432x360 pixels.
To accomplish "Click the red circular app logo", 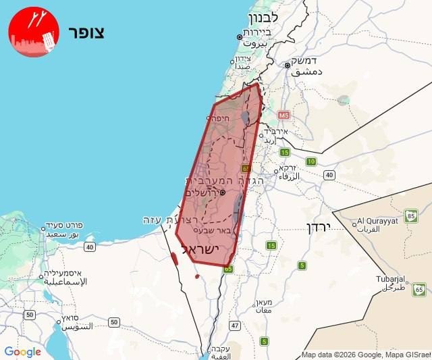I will pyautogui.click(x=33, y=32).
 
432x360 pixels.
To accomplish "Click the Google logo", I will pyautogui.click(x=22, y=352).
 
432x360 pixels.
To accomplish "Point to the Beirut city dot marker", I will pyautogui.click(x=239, y=37).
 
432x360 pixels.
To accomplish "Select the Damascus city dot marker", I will pyautogui.click(x=288, y=66).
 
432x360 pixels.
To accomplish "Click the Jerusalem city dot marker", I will pyautogui.click(x=223, y=192).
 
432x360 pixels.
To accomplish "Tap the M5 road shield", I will pyautogui.click(x=282, y=115).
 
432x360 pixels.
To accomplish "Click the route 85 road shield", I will pyautogui.click(x=411, y=217).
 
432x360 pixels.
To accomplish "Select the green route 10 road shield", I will pyautogui.click(x=311, y=161).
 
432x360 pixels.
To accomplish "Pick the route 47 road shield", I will pyautogui.click(x=235, y=326).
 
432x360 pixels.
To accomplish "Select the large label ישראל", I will pyautogui.click(x=202, y=249).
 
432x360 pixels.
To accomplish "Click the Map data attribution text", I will pyautogui.click(x=365, y=355).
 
